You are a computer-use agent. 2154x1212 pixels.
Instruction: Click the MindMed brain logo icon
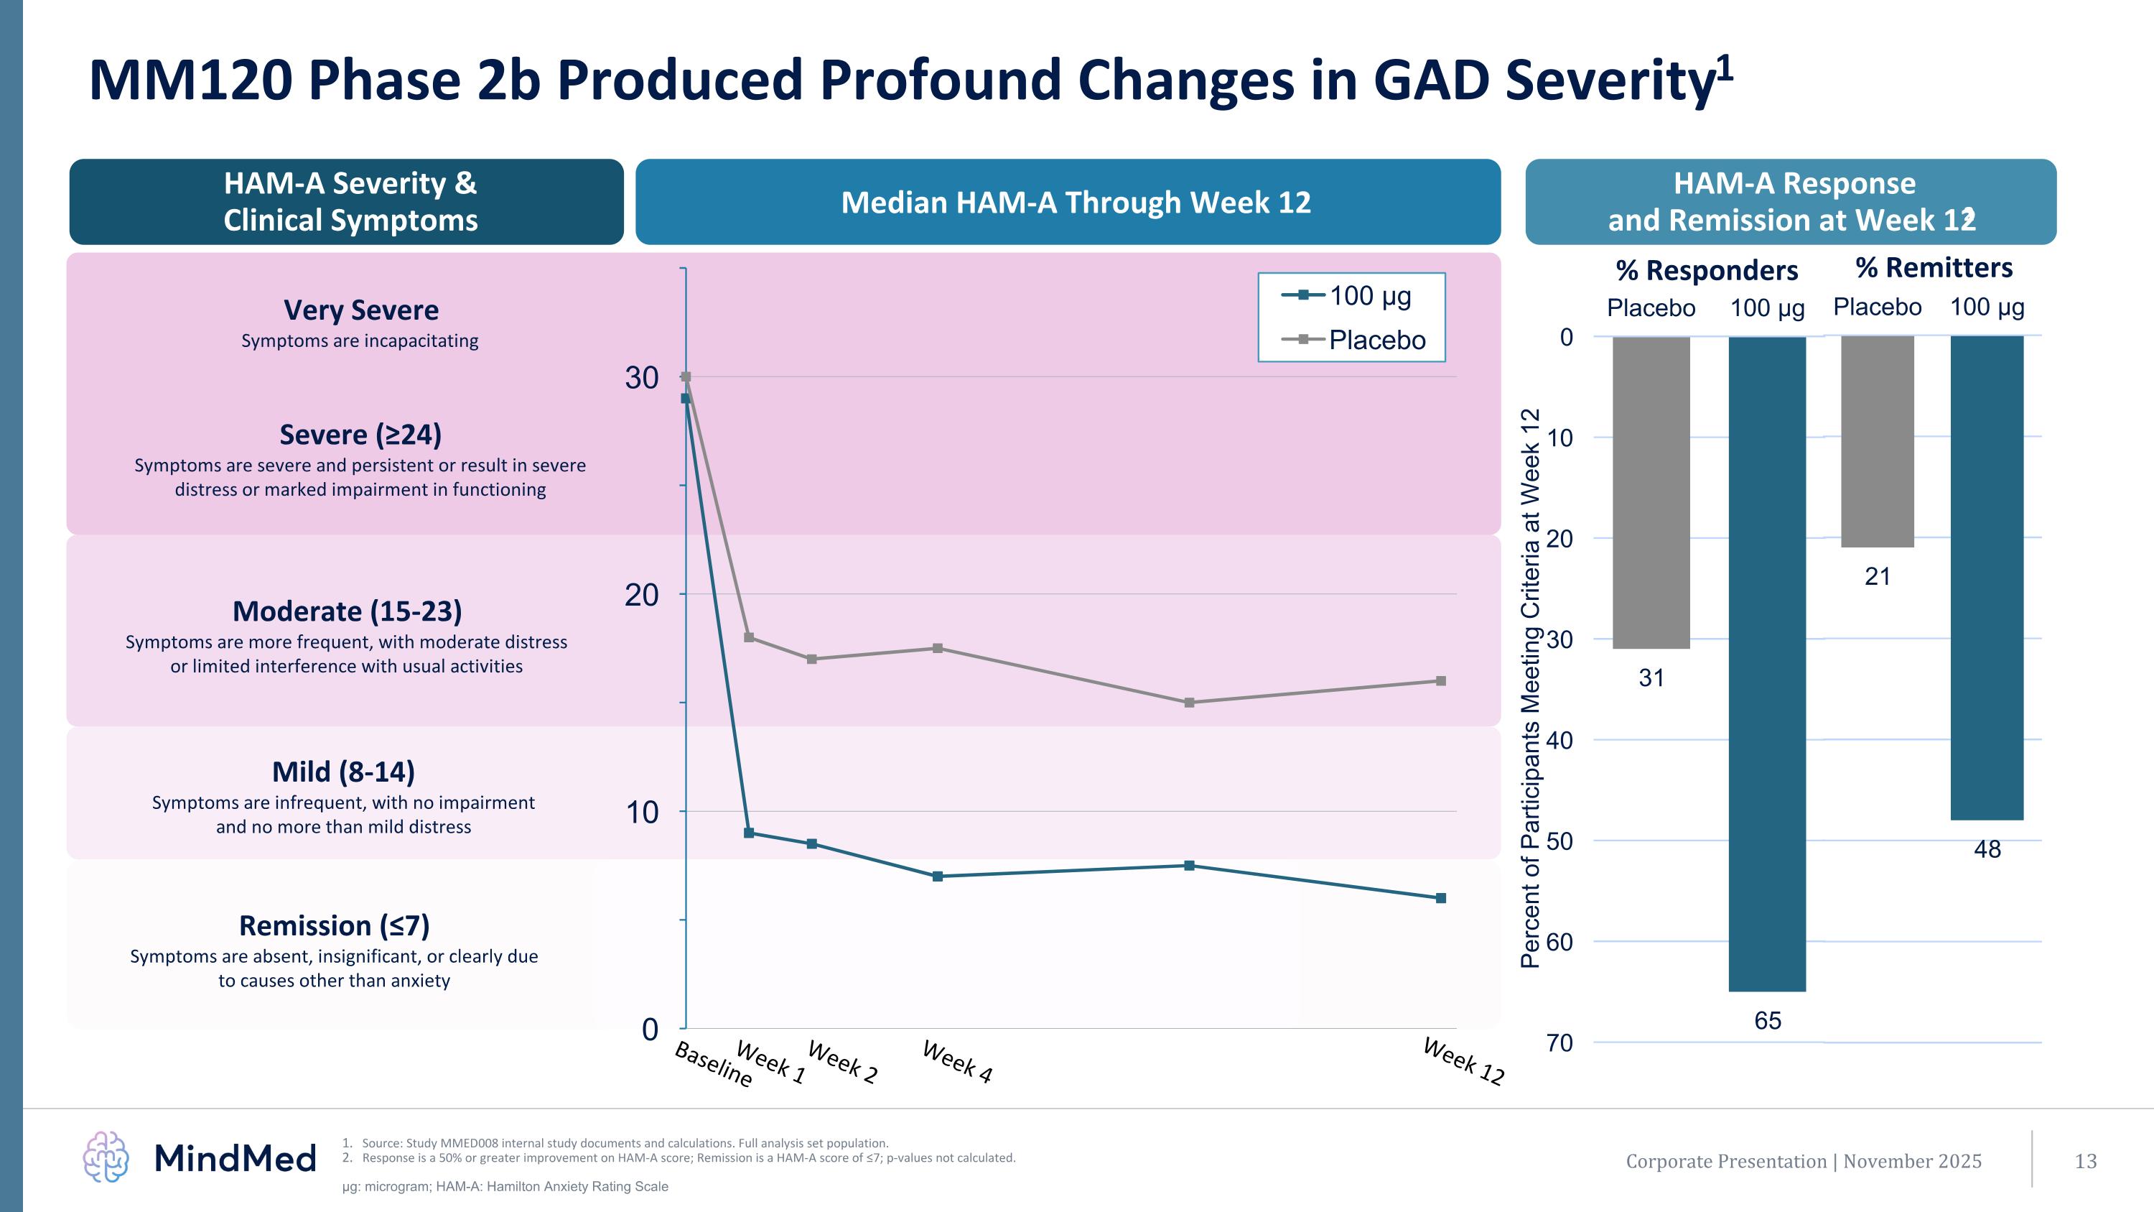tap(106, 1157)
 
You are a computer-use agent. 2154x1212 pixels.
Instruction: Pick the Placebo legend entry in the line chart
tap(1355, 340)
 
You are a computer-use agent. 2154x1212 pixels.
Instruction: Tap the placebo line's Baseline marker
tap(686, 376)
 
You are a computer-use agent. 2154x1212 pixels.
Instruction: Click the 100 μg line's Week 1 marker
tap(748, 833)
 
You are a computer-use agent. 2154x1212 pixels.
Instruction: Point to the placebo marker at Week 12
tap(1441, 681)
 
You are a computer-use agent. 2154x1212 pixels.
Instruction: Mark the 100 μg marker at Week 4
tap(938, 876)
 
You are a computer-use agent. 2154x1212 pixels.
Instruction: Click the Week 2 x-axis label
tap(842, 1063)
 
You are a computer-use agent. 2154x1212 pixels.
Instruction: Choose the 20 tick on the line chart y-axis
tap(641, 595)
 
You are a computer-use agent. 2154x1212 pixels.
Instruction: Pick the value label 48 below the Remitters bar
tap(1987, 849)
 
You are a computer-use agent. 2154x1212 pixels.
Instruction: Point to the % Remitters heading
tap(1934, 268)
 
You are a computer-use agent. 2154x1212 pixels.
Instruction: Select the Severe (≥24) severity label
tap(360, 435)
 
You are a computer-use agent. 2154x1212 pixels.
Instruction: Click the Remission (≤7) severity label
tap(335, 926)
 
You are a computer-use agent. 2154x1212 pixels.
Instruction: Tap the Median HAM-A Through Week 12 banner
tap(1076, 203)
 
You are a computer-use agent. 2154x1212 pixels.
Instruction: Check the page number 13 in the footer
tap(2086, 1161)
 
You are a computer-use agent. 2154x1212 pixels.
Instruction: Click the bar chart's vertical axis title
tap(1529, 688)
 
